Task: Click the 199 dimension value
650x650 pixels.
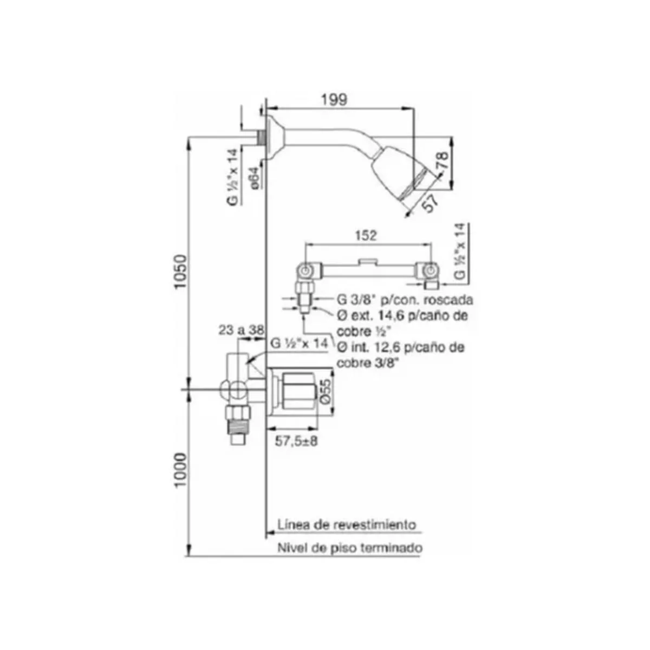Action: tap(334, 100)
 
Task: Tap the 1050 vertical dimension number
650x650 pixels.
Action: tap(180, 271)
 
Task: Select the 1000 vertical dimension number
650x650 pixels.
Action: tap(180, 470)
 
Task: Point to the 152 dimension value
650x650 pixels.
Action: tap(366, 235)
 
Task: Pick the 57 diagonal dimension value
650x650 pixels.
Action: tap(431, 203)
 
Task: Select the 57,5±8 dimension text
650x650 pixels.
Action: tap(296, 441)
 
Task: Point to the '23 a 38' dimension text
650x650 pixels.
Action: tap(240, 329)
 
